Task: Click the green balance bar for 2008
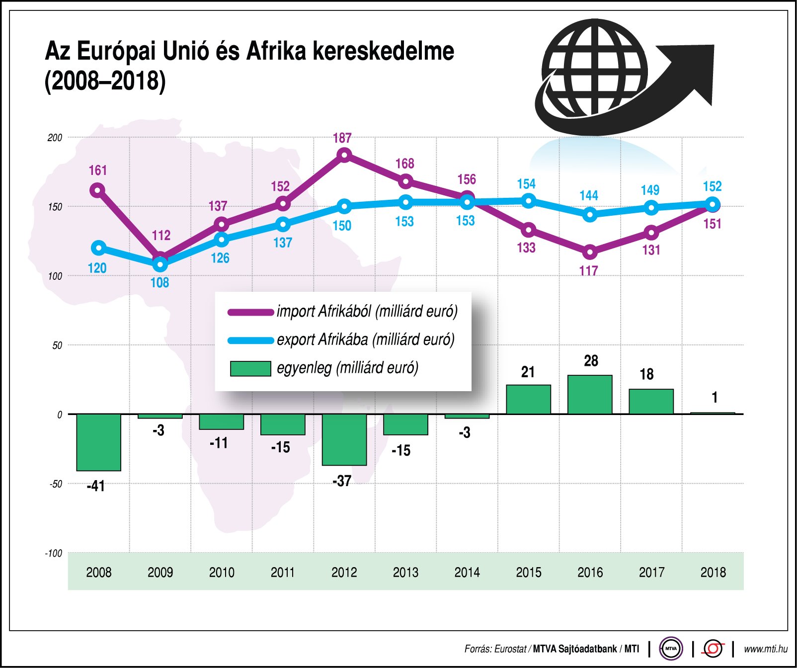pos(98,442)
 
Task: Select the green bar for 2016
pos(590,395)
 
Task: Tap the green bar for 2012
pos(344,439)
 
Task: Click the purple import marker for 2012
pos(344,155)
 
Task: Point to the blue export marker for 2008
pos(98,248)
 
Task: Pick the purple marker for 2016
pos(590,252)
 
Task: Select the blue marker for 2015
pos(529,201)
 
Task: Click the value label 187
pos(342,138)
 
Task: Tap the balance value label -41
pos(96,486)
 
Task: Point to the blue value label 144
pos(589,195)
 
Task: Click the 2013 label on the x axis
pos(405,573)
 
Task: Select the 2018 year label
pos(713,573)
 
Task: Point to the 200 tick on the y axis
pos(55,138)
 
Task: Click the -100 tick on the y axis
pos(54,553)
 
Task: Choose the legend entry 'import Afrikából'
pos(367,312)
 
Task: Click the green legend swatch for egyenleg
pos(250,368)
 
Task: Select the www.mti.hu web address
pos(765,649)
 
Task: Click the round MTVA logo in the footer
pos(671,649)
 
